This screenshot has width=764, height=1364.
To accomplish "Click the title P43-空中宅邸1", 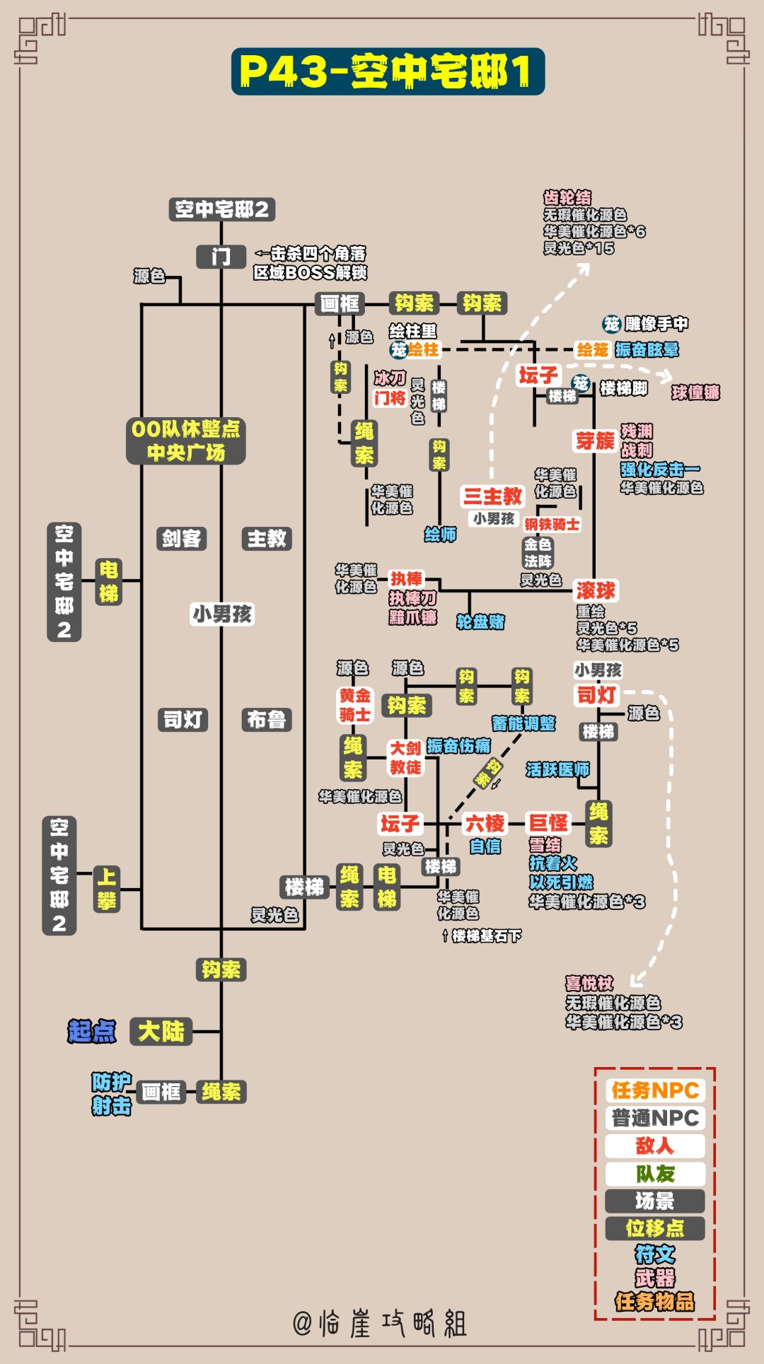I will (x=388, y=71).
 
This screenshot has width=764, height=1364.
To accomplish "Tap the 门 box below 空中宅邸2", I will (x=221, y=256).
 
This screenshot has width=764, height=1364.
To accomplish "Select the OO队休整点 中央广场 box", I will (x=185, y=440).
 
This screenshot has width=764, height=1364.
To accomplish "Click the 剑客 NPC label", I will (x=181, y=539).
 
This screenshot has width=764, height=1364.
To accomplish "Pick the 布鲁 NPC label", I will (x=267, y=720).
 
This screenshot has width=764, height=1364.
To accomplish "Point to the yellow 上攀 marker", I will (x=107, y=890).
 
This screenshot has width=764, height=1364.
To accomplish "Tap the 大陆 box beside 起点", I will (x=161, y=1032).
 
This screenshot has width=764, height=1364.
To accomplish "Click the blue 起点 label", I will (x=92, y=1032).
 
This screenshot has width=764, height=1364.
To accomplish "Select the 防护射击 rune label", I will (x=111, y=1094).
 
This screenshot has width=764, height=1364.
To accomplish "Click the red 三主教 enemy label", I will (x=492, y=496).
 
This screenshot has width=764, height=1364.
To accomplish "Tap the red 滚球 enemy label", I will (x=596, y=590).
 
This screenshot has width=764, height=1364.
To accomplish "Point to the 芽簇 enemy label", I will (x=595, y=441).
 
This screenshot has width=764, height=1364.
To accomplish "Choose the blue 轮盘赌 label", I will (x=480, y=622).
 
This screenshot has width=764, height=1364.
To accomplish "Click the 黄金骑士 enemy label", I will (x=354, y=705).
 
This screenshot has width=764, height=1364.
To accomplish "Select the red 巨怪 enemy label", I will (x=548, y=823).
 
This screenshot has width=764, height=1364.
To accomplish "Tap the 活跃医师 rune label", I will (x=557, y=769).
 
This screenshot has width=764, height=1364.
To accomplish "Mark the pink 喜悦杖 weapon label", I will (x=589, y=983).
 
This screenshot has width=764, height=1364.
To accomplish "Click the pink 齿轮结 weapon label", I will (x=567, y=198).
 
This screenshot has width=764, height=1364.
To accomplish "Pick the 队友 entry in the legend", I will (x=655, y=1174).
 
